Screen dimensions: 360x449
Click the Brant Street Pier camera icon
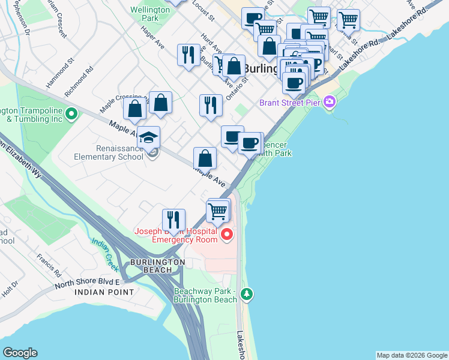tap(329, 102)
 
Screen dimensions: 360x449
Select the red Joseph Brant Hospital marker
tap(227, 234)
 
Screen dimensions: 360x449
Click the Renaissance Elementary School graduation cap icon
tap(148, 137)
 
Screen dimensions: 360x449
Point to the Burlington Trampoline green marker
tap(71, 113)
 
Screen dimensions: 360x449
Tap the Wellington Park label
tap(145, 14)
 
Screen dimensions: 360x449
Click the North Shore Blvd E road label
tap(88, 282)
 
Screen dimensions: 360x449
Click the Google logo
tap(20, 353)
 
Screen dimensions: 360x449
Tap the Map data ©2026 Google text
tap(411, 355)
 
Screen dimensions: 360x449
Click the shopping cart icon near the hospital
tap(217, 211)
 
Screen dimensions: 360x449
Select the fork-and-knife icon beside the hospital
tap(173, 220)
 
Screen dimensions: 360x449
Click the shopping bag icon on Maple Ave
tap(205, 159)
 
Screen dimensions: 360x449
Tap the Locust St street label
tap(203, 8)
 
